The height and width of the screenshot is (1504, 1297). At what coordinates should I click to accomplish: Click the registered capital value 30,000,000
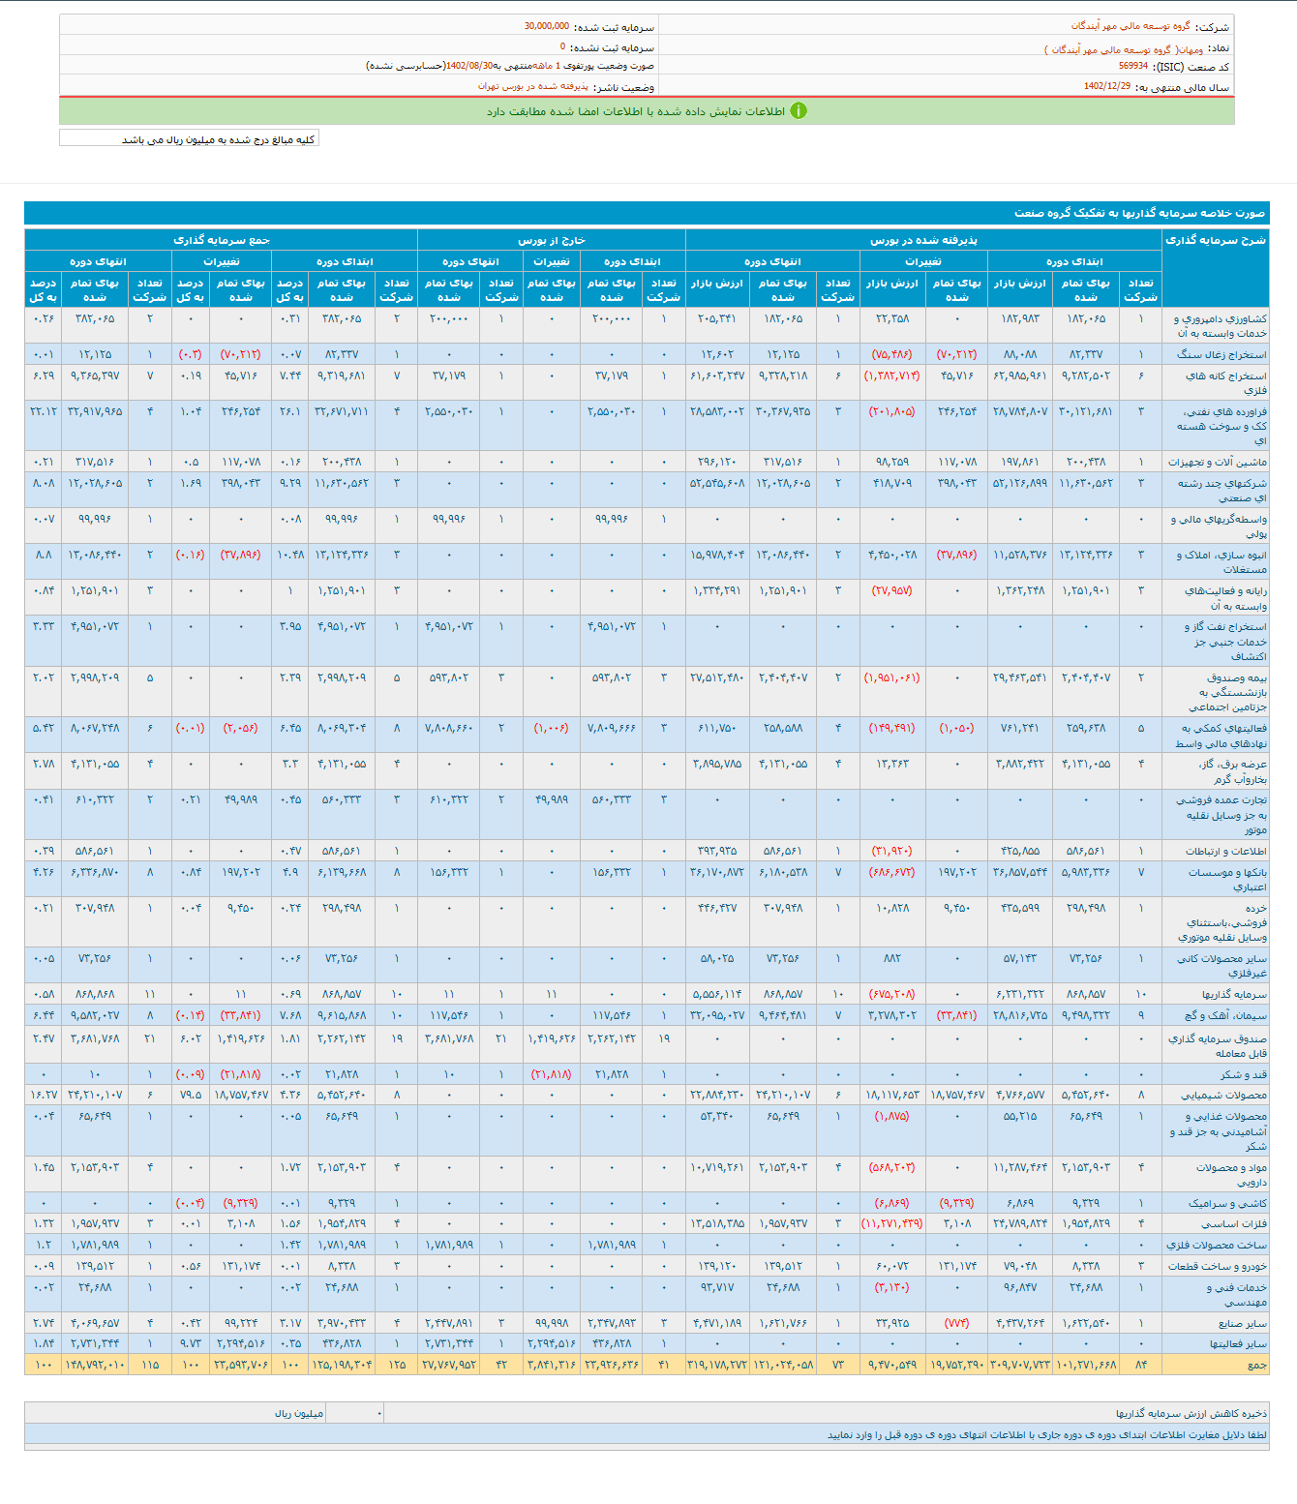click(546, 26)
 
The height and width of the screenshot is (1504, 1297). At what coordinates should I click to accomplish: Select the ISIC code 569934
click(1132, 66)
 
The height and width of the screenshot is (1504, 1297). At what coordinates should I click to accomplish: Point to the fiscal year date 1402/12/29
click(1106, 86)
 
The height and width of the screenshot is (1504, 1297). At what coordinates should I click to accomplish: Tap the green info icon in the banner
click(798, 111)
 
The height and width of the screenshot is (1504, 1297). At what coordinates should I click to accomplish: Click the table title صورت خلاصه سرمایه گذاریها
click(1139, 213)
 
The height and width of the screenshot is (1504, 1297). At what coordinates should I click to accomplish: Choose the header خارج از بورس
click(551, 240)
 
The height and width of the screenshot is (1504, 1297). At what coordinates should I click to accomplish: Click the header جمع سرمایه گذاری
click(221, 240)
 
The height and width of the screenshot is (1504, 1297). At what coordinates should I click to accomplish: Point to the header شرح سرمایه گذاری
click(1215, 240)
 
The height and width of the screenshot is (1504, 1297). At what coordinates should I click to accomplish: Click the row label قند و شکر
click(1243, 1074)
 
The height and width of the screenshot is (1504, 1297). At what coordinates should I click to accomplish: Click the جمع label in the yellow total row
click(1256, 1365)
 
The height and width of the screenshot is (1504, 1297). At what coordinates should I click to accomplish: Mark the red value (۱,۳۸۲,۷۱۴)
click(891, 376)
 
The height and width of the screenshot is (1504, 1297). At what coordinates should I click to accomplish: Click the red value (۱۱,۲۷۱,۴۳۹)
click(891, 1223)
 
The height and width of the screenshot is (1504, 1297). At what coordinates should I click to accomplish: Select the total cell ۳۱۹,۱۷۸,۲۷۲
click(717, 1365)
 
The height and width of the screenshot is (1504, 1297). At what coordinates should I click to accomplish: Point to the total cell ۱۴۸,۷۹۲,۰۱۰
click(95, 1365)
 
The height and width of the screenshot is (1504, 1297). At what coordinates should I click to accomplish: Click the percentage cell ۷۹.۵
click(191, 1095)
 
